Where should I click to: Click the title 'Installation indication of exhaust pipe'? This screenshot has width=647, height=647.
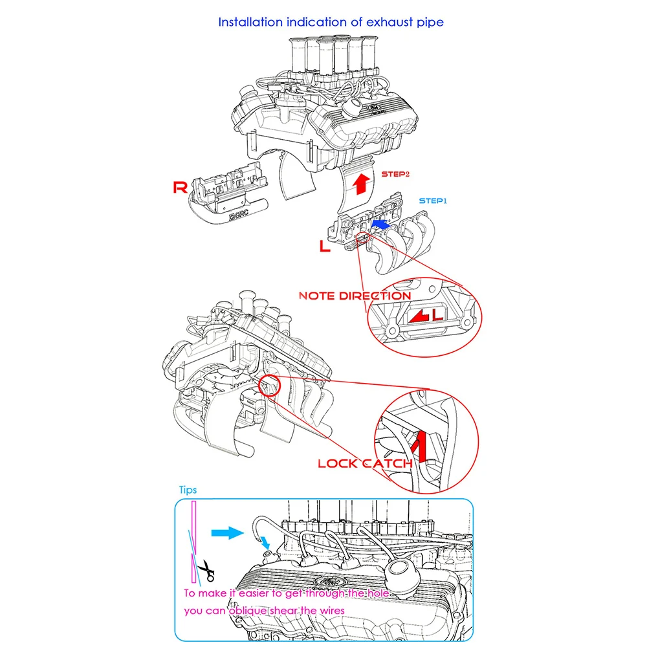pos(331,22)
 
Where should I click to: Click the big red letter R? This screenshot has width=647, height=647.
pos(181,188)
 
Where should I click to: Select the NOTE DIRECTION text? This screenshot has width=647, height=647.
pos(354,296)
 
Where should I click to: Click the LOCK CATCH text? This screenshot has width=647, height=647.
pos(364,463)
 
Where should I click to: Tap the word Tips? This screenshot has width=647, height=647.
pos(188,490)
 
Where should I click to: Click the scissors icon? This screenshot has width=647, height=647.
pos(206,570)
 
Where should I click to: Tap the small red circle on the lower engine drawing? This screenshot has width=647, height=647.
pos(270,386)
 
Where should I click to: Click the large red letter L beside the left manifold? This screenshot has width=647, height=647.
pos(326,245)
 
